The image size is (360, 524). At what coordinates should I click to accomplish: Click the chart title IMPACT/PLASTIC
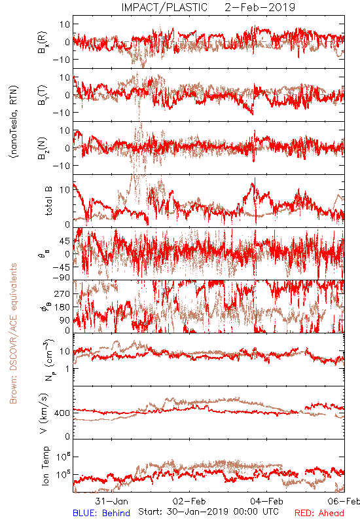click(x=164, y=7)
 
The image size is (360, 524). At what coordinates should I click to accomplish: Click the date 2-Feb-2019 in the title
click(x=260, y=7)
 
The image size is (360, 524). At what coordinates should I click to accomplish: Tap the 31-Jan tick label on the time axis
click(x=111, y=501)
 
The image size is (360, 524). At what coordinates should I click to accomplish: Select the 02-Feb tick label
click(x=189, y=501)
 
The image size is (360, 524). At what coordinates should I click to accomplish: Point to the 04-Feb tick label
click(x=266, y=501)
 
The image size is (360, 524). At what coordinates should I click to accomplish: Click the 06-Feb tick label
click(x=344, y=501)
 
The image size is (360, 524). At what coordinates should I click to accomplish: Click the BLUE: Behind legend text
click(x=101, y=513)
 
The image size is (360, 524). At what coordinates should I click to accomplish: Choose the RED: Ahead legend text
click(x=319, y=513)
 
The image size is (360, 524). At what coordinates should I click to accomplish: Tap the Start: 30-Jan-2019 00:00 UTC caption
click(x=208, y=512)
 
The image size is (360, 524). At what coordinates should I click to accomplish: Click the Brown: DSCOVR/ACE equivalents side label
click(x=13, y=333)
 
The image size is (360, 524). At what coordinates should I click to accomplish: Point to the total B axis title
click(x=48, y=201)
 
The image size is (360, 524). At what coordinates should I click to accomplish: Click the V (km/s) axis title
click(x=44, y=414)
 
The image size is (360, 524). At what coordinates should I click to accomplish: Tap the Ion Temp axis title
click(x=45, y=466)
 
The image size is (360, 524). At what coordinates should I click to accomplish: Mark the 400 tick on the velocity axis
click(x=62, y=413)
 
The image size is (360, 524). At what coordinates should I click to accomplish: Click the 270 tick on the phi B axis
click(x=62, y=293)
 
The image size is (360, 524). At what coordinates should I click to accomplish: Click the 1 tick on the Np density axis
click(x=67, y=369)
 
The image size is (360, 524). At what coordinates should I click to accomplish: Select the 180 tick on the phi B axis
click(x=62, y=307)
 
